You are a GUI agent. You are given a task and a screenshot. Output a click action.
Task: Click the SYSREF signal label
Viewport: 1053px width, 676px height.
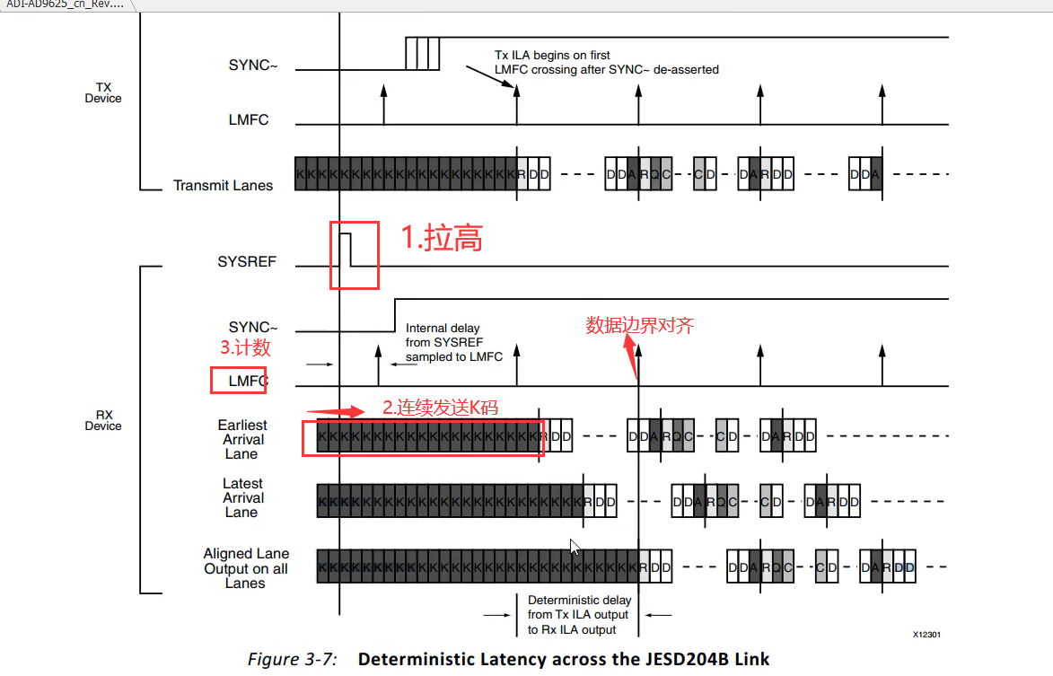point(247,262)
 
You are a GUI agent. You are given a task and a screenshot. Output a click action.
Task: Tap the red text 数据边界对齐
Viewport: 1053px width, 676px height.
point(639,325)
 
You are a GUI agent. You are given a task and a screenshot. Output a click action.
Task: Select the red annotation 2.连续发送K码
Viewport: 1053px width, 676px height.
point(440,408)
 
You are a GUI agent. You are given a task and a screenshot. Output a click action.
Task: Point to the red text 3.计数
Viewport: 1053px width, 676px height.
point(245,347)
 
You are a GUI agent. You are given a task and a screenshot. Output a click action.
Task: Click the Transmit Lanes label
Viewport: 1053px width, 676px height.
point(223,186)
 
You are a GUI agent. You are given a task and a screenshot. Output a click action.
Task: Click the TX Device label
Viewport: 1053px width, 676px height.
point(103,92)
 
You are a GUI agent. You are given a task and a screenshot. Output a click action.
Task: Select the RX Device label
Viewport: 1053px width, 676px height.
point(103,420)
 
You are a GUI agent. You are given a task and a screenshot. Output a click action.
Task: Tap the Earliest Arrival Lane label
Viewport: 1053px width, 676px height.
point(242,439)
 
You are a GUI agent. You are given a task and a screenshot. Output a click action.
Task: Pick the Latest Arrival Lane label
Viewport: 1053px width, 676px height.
point(242,497)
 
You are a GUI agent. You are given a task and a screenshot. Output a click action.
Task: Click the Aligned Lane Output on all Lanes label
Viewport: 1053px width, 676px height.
point(246,568)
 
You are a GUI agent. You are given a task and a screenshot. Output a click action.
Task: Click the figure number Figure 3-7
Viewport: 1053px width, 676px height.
point(293,660)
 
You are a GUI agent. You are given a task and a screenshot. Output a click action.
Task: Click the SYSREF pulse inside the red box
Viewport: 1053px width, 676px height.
point(345,248)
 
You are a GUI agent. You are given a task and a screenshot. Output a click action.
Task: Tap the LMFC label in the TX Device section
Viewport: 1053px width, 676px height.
point(249,119)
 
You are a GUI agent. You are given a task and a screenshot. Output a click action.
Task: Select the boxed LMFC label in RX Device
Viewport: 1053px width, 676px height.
point(247,381)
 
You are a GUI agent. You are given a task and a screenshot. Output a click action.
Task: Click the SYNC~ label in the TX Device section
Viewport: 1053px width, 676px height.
point(249,66)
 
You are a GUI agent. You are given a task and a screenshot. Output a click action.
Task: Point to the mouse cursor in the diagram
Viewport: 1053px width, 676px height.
point(575,547)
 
